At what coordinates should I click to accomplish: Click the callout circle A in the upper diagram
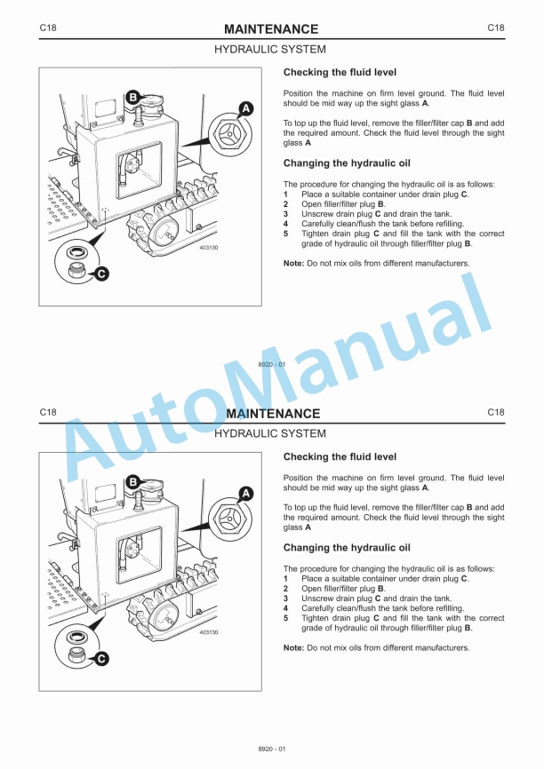[x=246, y=109]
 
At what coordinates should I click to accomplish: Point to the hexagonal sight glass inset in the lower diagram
[x=229, y=522]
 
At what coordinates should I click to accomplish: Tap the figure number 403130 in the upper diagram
[x=209, y=248]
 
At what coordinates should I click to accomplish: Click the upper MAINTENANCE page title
[x=271, y=29]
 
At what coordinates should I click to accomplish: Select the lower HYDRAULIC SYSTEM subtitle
[x=270, y=433]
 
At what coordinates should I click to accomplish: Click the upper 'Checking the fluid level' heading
[x=340, y=72]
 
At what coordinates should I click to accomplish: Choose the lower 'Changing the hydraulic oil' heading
[x=346, y=548]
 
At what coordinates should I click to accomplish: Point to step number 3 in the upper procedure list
[x=285, y=214]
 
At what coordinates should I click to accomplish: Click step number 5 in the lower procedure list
[x=285, y=618]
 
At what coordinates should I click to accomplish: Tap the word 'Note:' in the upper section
[x=293, y=264]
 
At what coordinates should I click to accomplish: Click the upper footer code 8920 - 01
[x=272, y=365]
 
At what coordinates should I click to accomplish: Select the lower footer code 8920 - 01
[x=272, y=749]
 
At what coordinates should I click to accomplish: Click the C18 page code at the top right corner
[x=495, y=28]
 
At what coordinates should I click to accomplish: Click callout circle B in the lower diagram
[x=132, y=481]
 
